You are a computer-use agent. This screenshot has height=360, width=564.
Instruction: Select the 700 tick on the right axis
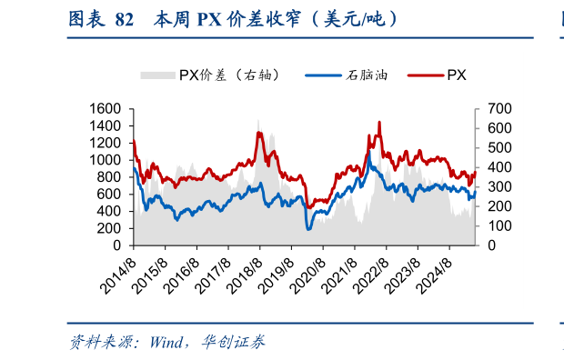(500, 108)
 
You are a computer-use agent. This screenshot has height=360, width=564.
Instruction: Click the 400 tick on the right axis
(500, 167)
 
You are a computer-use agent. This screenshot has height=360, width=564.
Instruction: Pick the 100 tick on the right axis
(500, 226)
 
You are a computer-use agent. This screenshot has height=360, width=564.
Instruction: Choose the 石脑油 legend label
(368, 76)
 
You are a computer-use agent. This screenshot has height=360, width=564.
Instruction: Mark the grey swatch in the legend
(157, 76)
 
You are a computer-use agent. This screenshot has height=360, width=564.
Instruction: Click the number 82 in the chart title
(126, 18)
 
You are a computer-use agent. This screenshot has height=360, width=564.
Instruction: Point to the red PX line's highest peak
(378, 122)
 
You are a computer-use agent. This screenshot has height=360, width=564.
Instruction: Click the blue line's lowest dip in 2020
(309, 230)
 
